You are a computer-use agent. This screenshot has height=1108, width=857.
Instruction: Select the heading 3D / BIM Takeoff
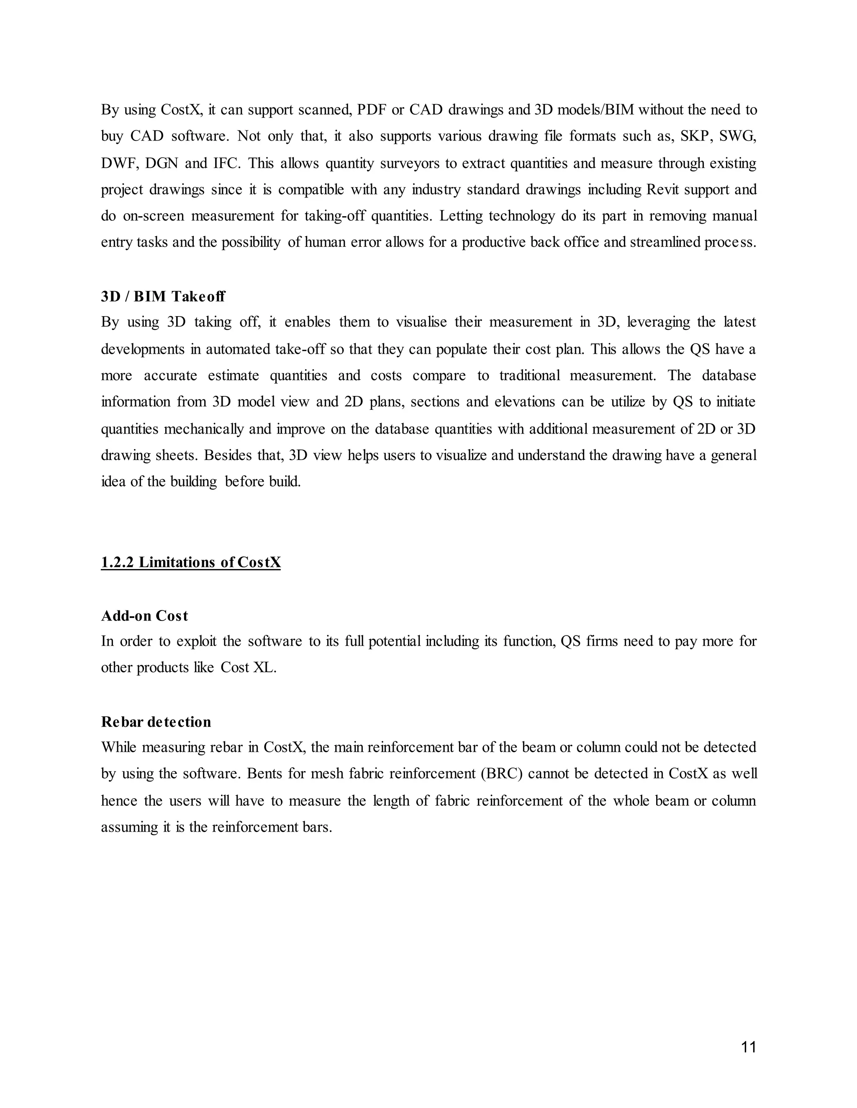(163, 296)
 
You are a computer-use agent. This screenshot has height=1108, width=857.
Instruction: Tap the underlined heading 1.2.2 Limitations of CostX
(190, 562)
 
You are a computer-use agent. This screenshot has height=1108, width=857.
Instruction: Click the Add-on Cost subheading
(144, 615)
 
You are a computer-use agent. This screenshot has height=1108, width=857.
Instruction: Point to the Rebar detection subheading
(156, 721)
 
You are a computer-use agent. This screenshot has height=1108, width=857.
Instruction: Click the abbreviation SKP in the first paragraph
(694, 136)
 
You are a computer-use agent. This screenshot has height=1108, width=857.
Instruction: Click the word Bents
(264, 774)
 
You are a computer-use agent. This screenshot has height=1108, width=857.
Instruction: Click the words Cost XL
(248, 667)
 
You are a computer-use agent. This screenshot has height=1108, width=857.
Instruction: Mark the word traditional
(529, 375)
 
